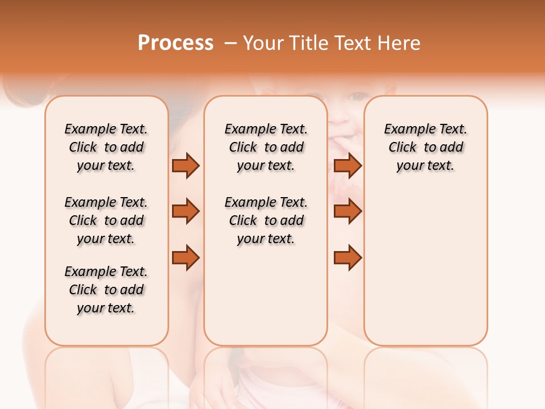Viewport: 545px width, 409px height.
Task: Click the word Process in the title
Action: pyautogui.click(x=175, y=43)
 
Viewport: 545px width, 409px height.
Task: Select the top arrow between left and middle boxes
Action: pyautogui.click(x=186, y=166)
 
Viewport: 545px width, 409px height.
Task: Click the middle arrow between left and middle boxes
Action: pyautogui.click(x=186, y=211)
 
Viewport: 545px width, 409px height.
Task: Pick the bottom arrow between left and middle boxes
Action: pyautogui.click(x=186, y=258)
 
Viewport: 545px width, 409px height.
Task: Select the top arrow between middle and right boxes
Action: pyautogui.click(x=347, y=166)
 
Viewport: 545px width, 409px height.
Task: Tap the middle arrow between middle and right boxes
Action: pyautogui.click(x=347, y=211)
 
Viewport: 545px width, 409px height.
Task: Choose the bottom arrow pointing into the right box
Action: pyautogui.click(x=347, y=258)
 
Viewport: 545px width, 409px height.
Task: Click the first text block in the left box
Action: pyautogui.click(x=106, y=147)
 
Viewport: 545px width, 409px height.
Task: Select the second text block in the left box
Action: pyautogui.click(x=106, y=220)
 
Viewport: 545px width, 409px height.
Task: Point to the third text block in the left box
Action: pyautogui.click(x=106, y=290)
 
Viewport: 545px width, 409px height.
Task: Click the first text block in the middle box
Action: pyautogui.click(x=266, y=147)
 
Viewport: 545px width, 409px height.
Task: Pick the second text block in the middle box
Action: pyautogui.click(x=266, y=220)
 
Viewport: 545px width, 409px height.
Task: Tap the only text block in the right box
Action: pyautogui.click(x=426, y=147)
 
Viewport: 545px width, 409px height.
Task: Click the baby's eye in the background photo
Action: pyautogui.click(x=357, y=96)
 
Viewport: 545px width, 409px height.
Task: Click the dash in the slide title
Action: pyautogui.click(x=230, y=43)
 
